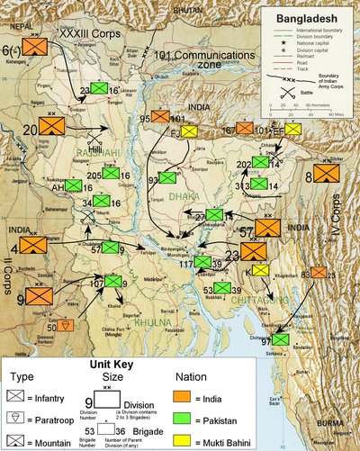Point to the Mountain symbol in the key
coord(16,437)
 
